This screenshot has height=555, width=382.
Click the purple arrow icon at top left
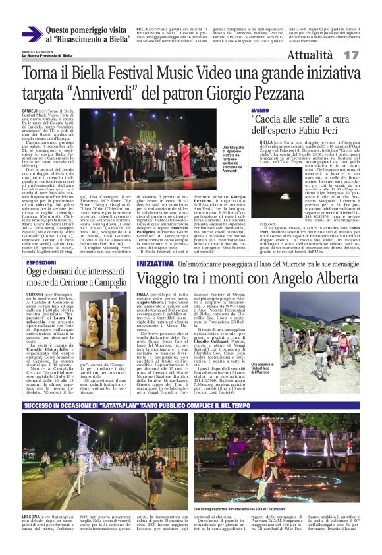click(32, 34)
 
